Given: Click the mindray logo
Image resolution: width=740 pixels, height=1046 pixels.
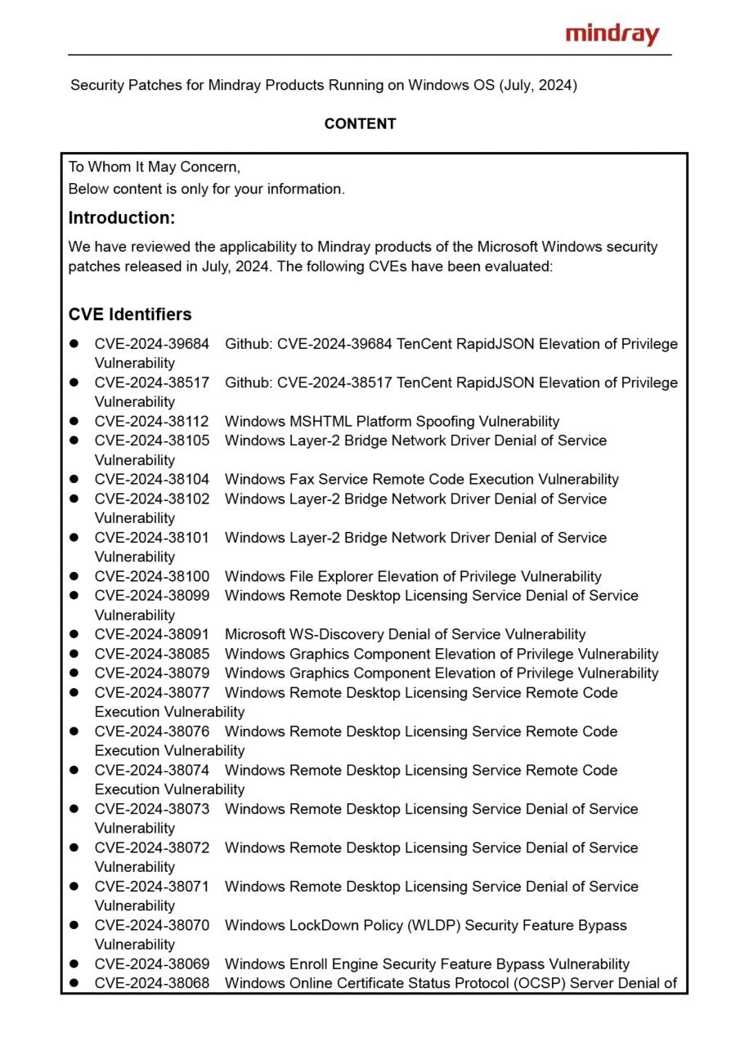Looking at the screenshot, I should tap(612, 34).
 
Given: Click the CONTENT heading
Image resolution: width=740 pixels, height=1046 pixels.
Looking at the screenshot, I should tap(360, 124).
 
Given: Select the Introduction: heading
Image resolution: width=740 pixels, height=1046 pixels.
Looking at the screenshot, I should tap(122, 218).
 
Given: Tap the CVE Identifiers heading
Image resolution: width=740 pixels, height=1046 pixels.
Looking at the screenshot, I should tap(130, 315).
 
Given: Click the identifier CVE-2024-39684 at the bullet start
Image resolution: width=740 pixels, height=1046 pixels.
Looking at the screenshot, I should tap(151, 344).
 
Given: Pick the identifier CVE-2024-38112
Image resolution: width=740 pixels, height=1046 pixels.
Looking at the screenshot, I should tap(151, 422).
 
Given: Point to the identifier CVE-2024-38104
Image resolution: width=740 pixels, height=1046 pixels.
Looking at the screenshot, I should tap(151, 480).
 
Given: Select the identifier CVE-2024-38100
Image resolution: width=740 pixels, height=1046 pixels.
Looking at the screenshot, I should tap(151, 577).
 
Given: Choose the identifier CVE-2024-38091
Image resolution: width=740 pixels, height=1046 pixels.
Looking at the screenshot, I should tap(151, 635).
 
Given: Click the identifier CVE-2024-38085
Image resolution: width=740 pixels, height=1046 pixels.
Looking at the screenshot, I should tap(151, 655).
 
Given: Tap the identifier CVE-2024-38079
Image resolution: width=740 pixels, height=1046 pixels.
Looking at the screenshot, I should tap(151, 673).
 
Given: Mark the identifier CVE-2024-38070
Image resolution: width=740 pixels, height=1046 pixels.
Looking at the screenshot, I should tap(151, 926).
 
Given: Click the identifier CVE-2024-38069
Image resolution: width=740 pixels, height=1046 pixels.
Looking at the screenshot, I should tap(151, 964).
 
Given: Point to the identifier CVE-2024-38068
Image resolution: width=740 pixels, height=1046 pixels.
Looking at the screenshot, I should tap(151, 984).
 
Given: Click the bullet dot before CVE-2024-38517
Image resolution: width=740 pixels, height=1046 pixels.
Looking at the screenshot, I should tap(74, 383).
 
